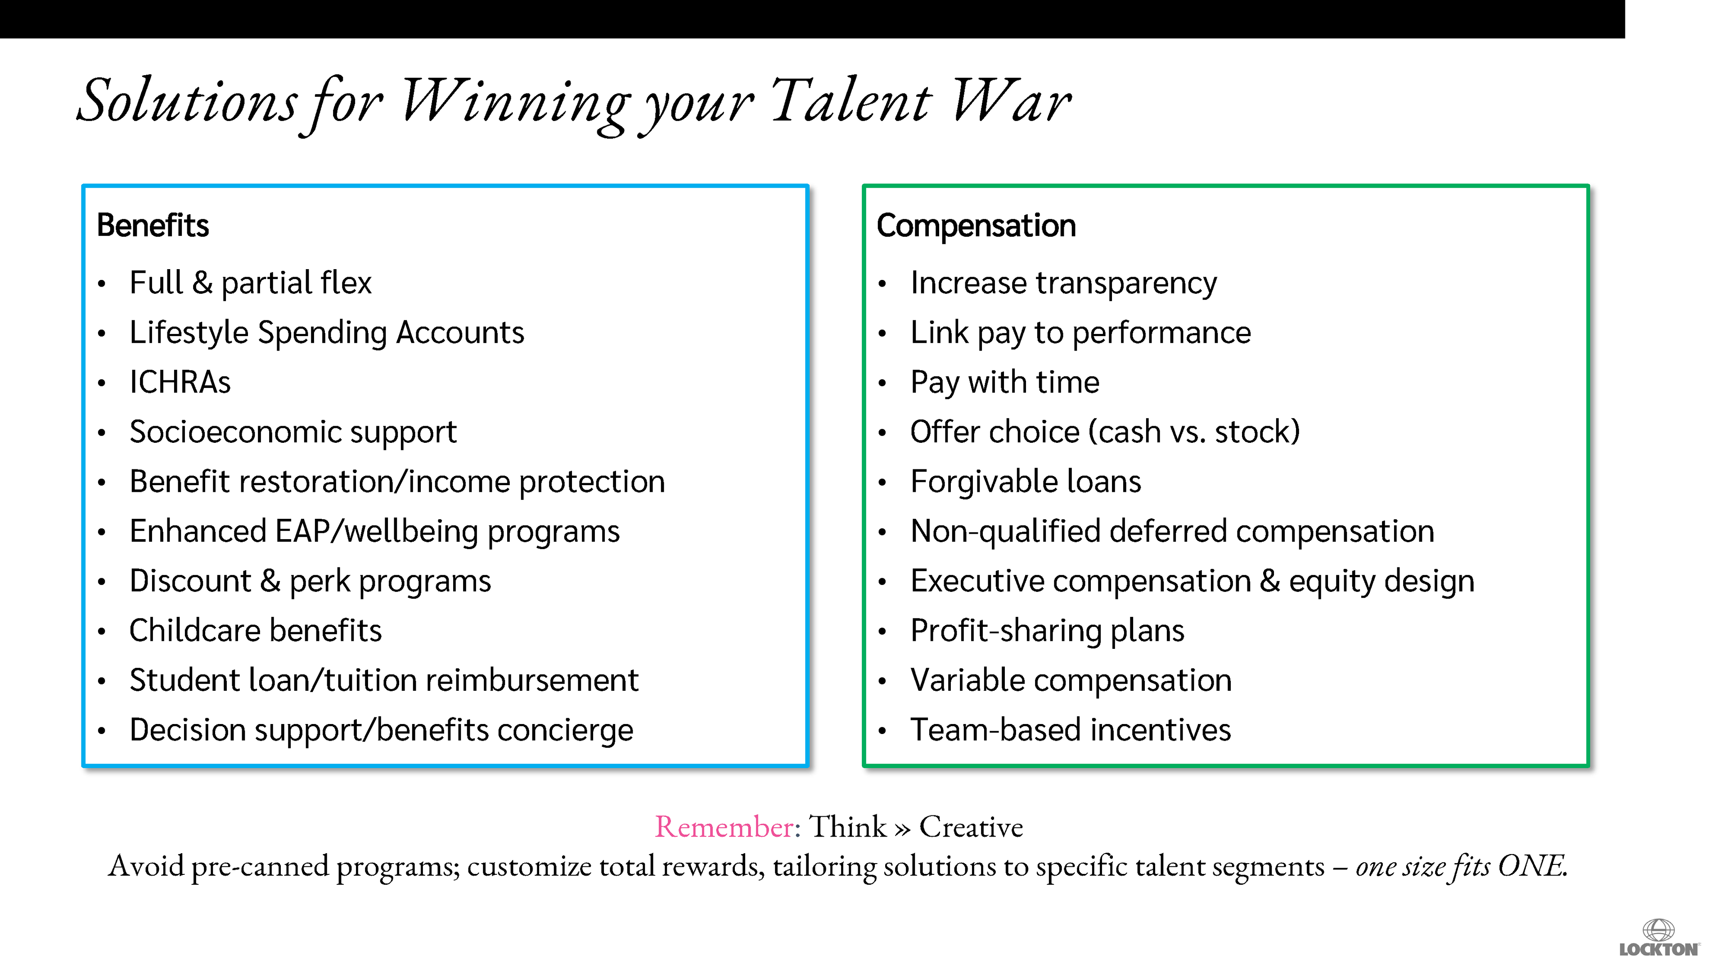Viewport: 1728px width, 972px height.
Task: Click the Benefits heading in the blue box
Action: [153, 225]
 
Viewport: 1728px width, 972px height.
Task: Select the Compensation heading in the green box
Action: [976, 226]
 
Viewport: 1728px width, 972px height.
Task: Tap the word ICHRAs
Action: [180, 382]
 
